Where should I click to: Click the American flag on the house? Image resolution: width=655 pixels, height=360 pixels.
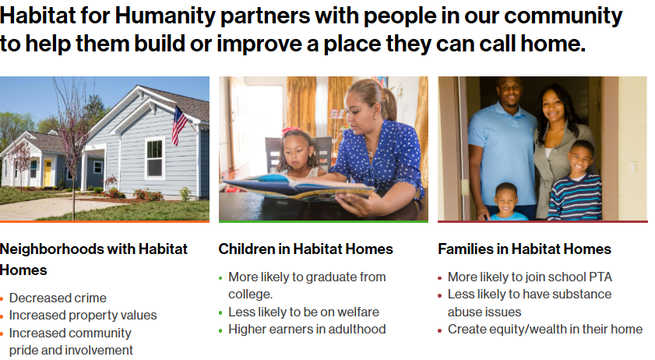179,125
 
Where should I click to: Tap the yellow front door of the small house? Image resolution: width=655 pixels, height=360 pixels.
48,172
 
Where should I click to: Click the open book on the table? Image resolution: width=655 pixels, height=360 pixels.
298,187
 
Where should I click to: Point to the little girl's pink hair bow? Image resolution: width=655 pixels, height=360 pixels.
291,130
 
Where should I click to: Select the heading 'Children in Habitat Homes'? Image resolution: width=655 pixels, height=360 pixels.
305,249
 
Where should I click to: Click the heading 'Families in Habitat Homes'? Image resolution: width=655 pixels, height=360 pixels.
524,249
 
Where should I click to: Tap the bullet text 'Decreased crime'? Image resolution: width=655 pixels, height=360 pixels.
58,298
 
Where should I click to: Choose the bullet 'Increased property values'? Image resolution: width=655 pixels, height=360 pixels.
83,315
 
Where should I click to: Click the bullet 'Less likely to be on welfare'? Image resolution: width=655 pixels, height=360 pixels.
304,312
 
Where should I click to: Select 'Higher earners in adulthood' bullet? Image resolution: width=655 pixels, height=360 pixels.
307,329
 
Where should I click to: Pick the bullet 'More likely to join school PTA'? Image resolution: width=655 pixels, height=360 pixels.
530,277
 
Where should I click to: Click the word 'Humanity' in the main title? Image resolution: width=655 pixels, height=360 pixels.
165,16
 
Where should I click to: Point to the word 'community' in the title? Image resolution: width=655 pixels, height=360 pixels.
563,16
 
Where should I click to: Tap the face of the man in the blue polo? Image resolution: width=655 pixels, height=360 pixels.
509,90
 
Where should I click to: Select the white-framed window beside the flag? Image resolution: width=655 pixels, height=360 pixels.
154,158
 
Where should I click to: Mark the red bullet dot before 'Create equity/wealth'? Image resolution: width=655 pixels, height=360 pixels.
440,330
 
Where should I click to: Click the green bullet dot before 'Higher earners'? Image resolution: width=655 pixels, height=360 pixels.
220,330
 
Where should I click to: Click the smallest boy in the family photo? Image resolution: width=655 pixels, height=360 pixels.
507,202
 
